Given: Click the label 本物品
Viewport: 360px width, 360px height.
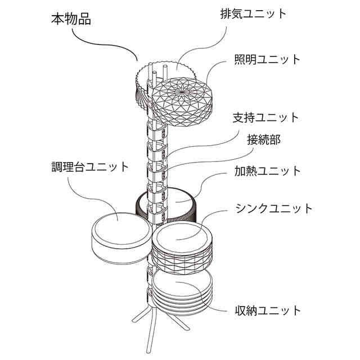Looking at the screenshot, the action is click(x=71, y=19).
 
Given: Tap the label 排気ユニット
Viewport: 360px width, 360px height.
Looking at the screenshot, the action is click(x=254, y=13).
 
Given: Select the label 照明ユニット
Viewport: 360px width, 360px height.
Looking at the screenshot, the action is click(x=267, y=60).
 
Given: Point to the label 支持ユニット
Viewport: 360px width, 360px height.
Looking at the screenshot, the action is click(x=266, y=118).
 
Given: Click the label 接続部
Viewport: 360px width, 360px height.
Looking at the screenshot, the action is click(x=264, y=139).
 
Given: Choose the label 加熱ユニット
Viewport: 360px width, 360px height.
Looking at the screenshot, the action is click(x=268, y=171).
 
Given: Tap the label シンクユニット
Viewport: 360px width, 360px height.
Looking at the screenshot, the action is click(x=274, y=209).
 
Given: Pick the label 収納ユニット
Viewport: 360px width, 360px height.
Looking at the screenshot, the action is click(x=268, y=311).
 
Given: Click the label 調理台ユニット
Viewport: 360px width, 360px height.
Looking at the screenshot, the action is click(x=90, y=167).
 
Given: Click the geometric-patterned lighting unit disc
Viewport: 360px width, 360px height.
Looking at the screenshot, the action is click(x=182, y=102).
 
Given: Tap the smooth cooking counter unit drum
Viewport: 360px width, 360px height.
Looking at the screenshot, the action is click(x=121, y=238).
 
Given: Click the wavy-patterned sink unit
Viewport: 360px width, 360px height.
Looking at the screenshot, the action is click(x=182, y=249).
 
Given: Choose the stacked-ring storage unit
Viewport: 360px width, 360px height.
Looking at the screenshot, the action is click(x=182, y=291).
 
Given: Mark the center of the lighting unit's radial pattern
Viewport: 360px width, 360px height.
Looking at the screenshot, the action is click(x=182, y=91).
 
